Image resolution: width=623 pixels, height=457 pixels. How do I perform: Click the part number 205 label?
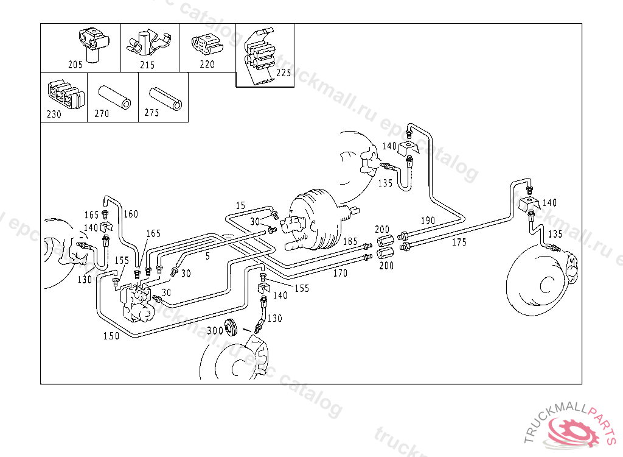(x=75, y=65)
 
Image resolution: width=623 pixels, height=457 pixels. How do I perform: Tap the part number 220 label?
(x=207, y=64)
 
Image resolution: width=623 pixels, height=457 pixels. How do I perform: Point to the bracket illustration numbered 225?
(x=260, y=57)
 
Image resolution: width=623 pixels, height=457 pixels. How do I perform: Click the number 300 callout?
(x=215, y=330)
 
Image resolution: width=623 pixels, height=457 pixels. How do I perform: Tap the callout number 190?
(x=428, y=221)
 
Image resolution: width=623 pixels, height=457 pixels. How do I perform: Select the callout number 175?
(x=459, y=242)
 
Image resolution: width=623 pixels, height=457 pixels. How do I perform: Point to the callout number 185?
(x=350, y=242)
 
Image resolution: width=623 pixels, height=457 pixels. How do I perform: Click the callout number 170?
(x=341, y=274)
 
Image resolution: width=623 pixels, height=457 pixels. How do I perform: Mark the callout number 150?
(x=111, y=336)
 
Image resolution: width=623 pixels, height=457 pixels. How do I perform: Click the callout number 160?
(x=131, y=214)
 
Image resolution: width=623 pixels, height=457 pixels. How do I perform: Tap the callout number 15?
(x=240, y=205)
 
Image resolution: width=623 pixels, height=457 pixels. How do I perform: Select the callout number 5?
(x=207, y=257)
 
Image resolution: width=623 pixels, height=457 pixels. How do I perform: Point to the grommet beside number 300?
(x=231, y=327)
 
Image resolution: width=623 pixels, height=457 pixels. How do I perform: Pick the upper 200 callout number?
(x=382, y=229)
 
